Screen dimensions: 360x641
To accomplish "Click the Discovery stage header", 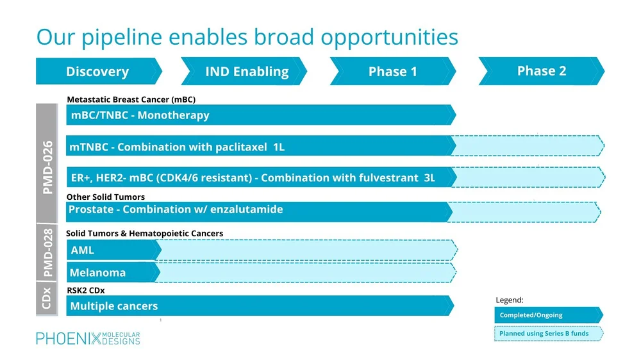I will pyautogui.click(x=97, y=72).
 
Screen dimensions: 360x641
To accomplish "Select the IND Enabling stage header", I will pyautogui.click(x=246, y=72).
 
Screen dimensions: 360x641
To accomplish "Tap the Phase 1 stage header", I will pyautogui.click(x=392, y=72).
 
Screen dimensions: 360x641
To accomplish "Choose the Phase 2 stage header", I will pyautogui.click(x=542, y=71).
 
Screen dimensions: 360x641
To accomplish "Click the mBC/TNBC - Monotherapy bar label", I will pyautogui.click(x=139, y=115).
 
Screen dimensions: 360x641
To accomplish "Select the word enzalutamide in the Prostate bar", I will pyautogui.click(x=247, y=209).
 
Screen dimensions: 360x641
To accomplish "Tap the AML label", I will pyautogui.click(x=82, y=250).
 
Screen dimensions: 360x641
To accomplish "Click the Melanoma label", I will pyautogui.click(x=97, y=273).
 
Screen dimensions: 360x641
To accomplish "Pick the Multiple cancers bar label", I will pyautogui.click(x=113, y=306).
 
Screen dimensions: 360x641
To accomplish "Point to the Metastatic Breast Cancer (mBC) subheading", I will pyautogui.click(x=131, y=99).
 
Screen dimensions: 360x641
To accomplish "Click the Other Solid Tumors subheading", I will pyautogui.click(x=106, y=197).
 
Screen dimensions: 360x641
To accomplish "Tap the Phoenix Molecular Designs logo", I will pyautogui.click(x=88, y=338).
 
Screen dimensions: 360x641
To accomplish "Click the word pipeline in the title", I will pyautogui.click(x=121, y=37).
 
